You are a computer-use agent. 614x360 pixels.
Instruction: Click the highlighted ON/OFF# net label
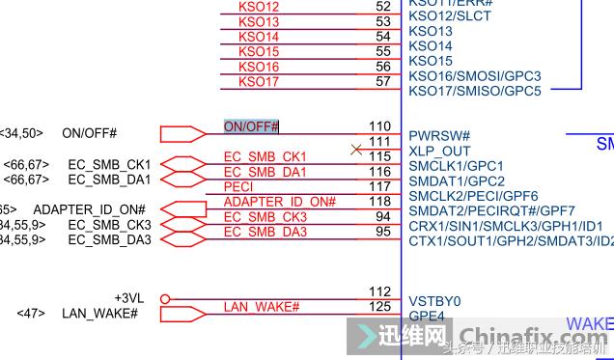click(x=251, y=126)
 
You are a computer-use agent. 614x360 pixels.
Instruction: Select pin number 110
click(x=379, y=126)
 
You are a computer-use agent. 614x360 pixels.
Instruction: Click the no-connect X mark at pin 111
click(x=356, y=149)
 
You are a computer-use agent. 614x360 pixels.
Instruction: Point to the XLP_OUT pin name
click(x=439, y=151)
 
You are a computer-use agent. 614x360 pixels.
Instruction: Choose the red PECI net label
click(x=238, y=186)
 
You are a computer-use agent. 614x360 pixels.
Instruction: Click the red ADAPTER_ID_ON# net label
click(x=279, y=202)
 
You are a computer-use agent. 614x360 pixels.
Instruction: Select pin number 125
click(x=379, y=306)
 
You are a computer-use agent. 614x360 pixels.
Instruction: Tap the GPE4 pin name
click(x=427, y=316)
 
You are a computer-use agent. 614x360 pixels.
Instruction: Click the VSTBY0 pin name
click(x=435, y=301)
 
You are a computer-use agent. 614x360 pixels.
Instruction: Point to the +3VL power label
click(x=130, y=298)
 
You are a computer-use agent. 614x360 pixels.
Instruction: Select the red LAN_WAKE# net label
click(x=262, y=307)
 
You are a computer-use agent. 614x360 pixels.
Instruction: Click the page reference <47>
click(x=31, y=314)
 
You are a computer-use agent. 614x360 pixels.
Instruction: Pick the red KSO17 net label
click(x=259, y=81)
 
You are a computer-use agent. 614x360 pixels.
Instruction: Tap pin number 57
click(x=383, y=81)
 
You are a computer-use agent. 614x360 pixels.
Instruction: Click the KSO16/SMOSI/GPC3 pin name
click(x=474, y=76)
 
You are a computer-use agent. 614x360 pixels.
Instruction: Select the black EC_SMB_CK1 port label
click(x=109, y=164)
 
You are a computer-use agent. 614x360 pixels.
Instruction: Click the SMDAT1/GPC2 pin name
click(x=457, y=180)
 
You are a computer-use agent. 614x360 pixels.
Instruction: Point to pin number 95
click(x=383, y=232)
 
